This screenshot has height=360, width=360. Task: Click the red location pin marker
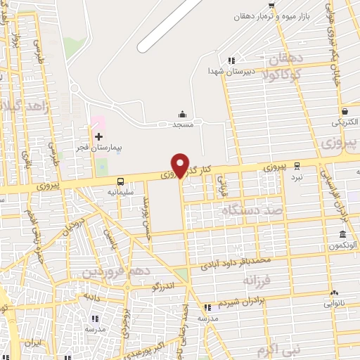[181, 165]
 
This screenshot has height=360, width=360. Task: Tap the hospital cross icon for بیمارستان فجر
[98, 136]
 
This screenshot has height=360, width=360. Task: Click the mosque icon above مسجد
[183, 114]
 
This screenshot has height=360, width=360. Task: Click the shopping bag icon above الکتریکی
[345, 111]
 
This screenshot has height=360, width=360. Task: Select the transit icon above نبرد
[297, 166]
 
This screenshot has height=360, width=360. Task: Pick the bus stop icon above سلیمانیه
[120, 180]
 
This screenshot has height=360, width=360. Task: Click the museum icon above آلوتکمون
[342, 234]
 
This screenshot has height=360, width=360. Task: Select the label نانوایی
[335, 304]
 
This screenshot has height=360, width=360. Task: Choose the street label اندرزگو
[163, 286]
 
